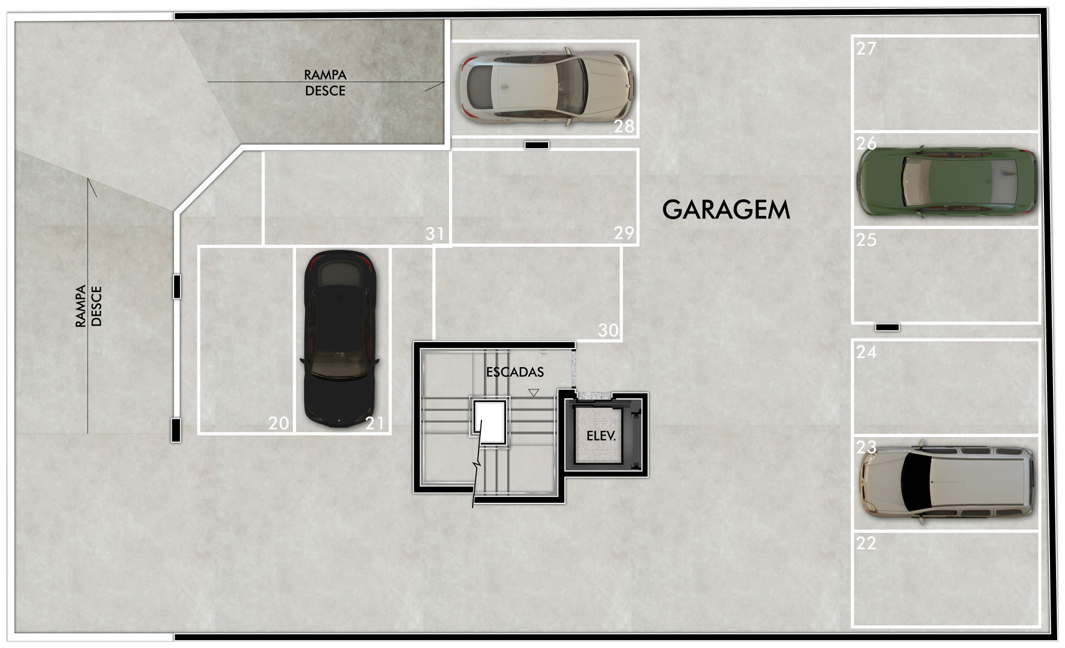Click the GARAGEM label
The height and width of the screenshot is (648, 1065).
coord(726,209)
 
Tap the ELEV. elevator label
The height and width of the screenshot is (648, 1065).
coord(601,436)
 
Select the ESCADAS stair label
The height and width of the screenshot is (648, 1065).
coord(515,372)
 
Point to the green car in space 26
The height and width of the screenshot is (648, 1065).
coord(947,180)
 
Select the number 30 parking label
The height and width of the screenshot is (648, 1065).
coord(608,330)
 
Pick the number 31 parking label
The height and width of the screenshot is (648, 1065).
coord(435,233)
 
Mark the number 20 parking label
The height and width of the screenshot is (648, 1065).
coord(279,424)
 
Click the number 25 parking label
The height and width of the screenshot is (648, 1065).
coord(866,240)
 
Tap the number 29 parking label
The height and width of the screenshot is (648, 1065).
coord(624,233)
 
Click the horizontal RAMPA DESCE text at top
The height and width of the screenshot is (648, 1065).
coord(325,83)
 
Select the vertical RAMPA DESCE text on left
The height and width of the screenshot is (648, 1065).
coord(89,306)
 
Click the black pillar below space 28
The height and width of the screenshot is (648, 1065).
coord(536,145)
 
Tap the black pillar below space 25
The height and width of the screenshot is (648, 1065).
coord(887,328)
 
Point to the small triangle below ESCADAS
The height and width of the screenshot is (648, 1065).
coord(534,392)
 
